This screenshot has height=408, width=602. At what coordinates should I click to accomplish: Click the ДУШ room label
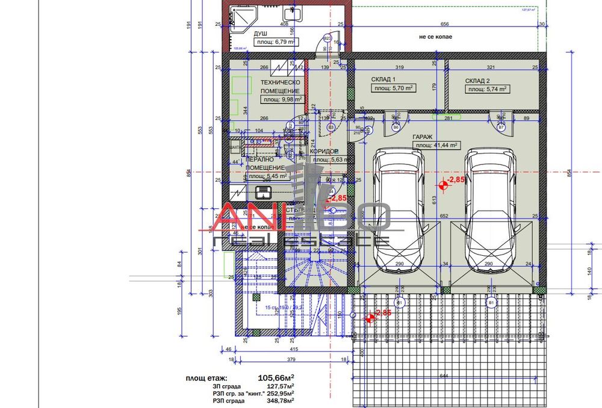pyautogui.click(x=261, y=34)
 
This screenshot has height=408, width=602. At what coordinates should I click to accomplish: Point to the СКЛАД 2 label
pyautogui.click(x=477, y=80)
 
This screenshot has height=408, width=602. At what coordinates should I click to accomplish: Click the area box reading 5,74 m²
pyautogui.click(x=486, y=88)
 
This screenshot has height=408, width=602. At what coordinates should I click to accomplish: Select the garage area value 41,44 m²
pyautogui.click(x=436, y=145)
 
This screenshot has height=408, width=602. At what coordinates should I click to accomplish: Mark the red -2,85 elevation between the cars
pyautogui.click(x=456, y=180)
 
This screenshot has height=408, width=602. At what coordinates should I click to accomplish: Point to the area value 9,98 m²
pyautogui.click(x=281, y=100)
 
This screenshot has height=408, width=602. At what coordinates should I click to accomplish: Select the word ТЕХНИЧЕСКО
pyautogui.click(x=280, y=82)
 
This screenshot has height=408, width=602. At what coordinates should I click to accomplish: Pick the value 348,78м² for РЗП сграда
pyautogui.click(x=280, y=400)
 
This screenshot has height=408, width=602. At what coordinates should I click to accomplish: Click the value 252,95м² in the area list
pyautogui.click(x=280, y=393)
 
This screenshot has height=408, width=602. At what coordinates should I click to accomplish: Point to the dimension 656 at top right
pyautogui.click(x=444, y=25)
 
